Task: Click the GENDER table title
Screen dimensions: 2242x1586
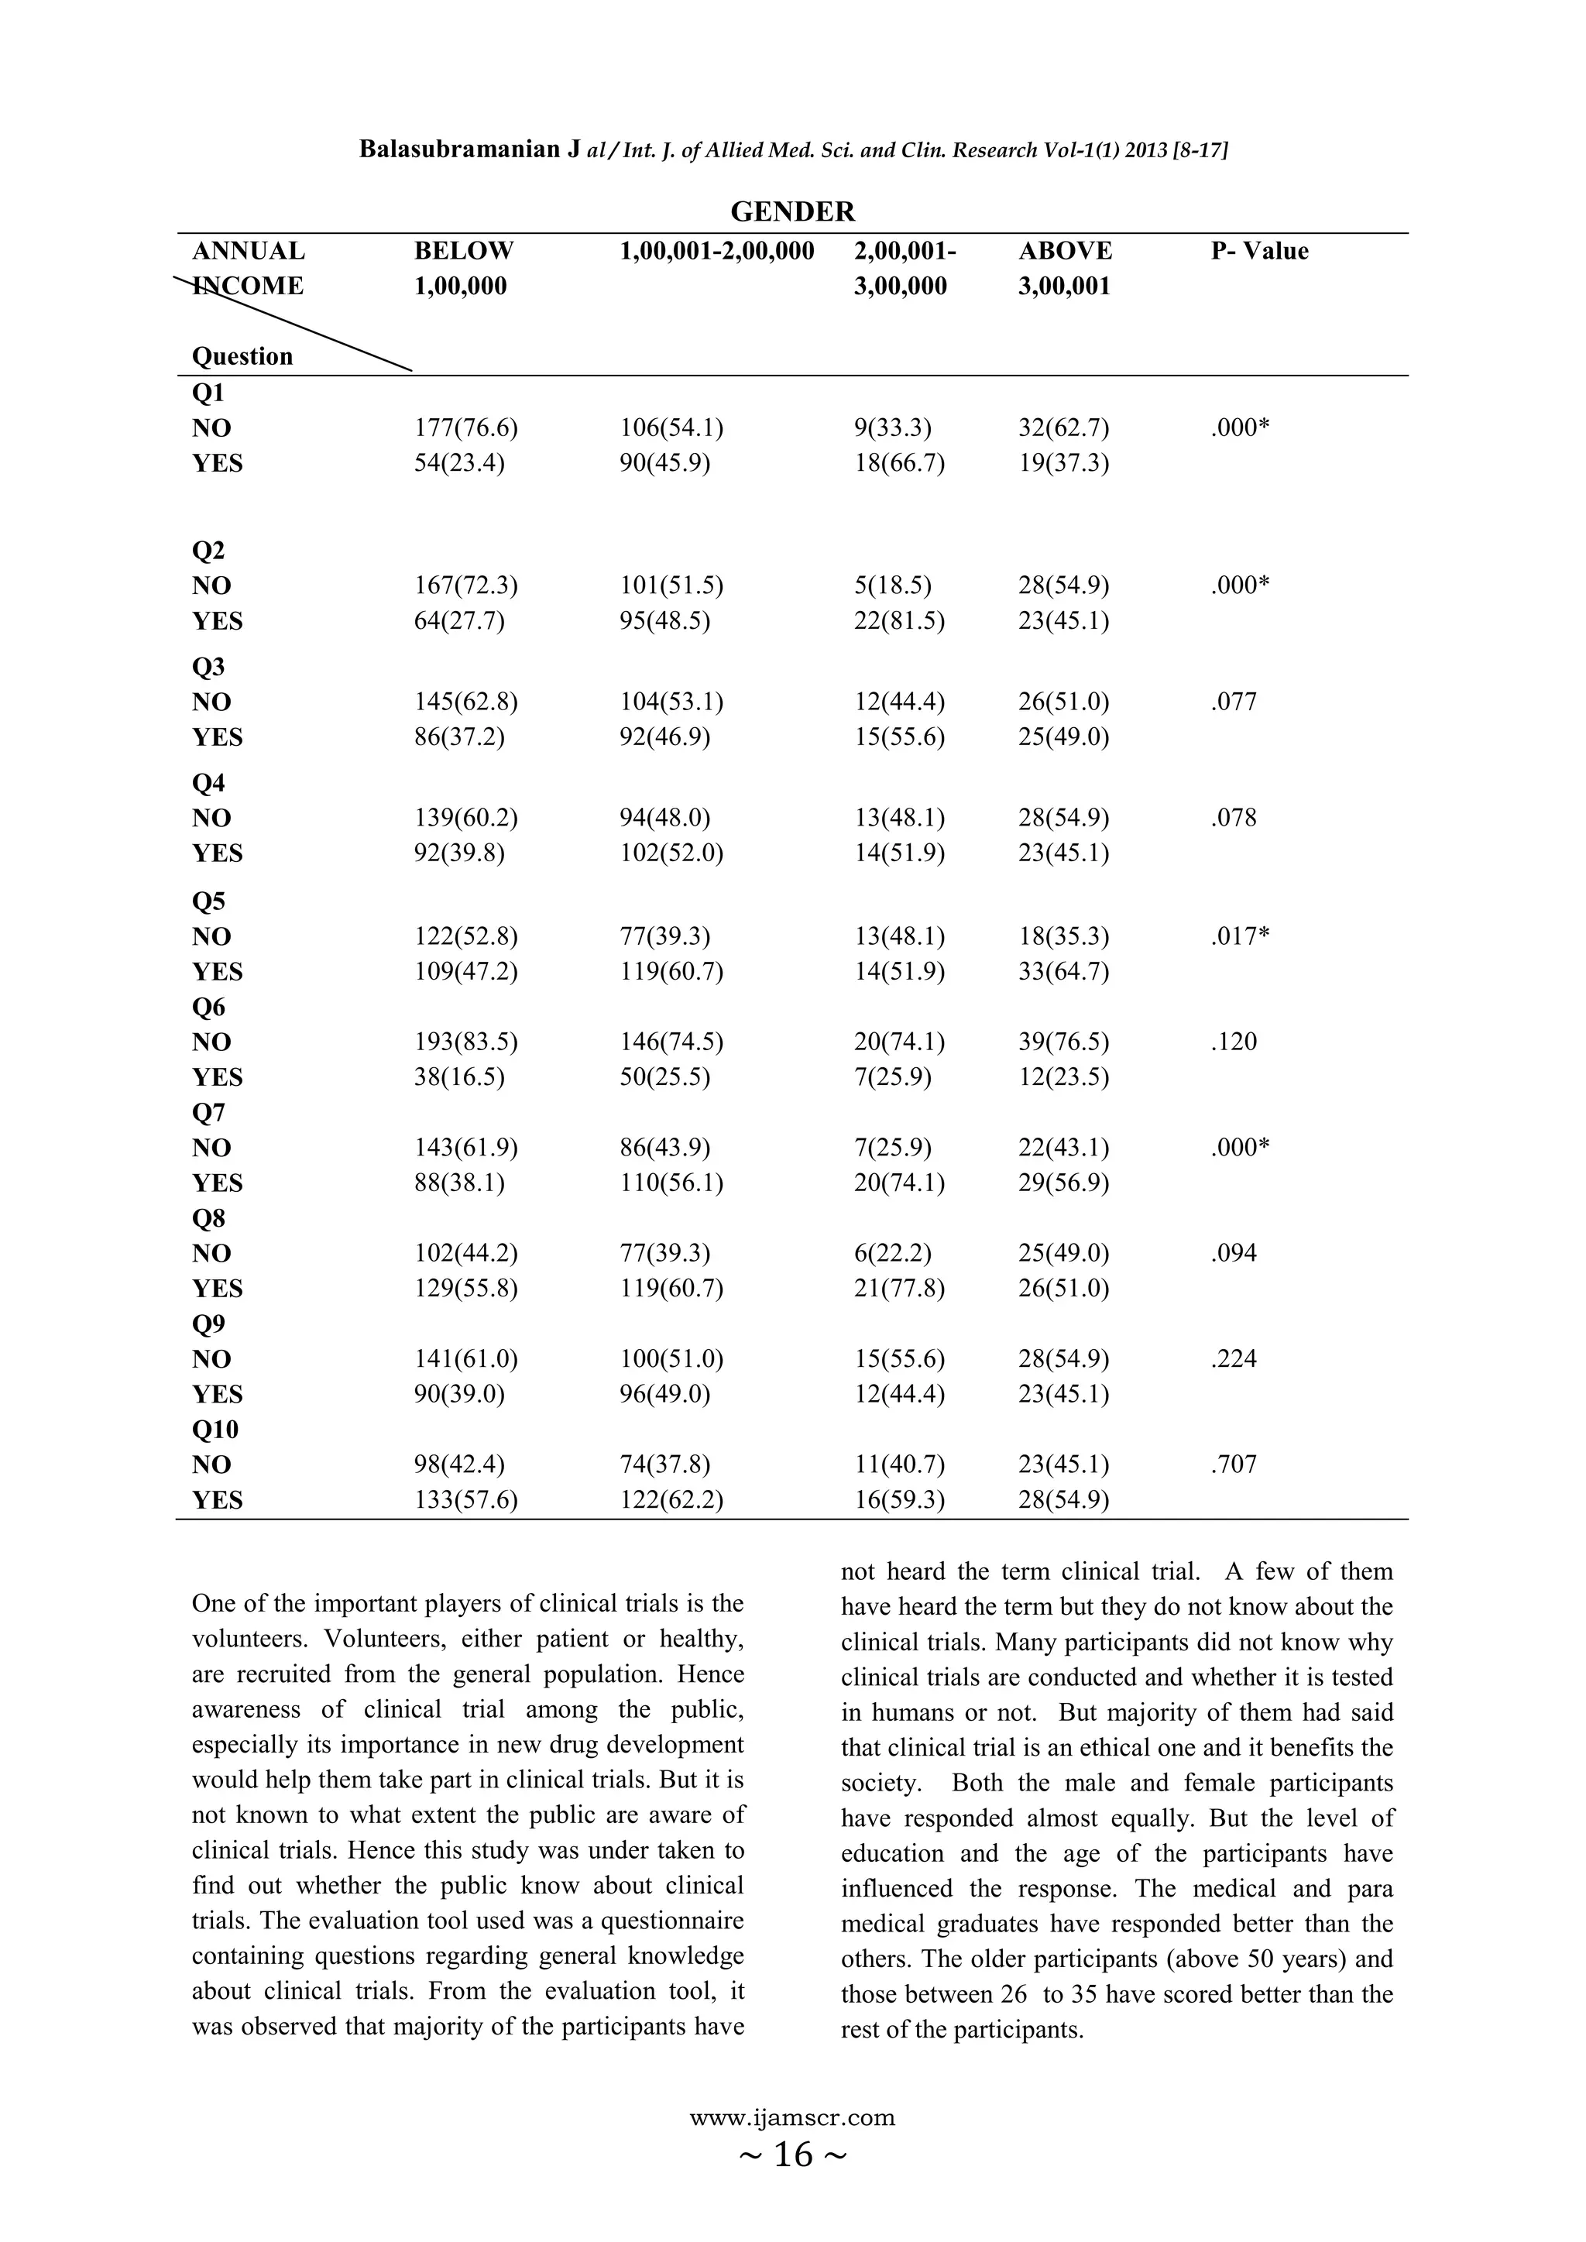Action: pyautogui.click(x=792, y=212)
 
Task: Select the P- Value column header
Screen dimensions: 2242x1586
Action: pyautogui.click(x=1259, y=251)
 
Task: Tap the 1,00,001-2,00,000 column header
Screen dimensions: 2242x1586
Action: pyautogui.click(x=717, y=251)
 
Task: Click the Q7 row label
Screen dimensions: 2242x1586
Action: pyautogui.click(x=208, y=1112)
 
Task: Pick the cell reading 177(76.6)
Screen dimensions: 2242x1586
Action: pyautogui.click(x=466, y=427)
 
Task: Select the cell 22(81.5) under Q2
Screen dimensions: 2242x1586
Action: pyautogui.click(x=898, y=621)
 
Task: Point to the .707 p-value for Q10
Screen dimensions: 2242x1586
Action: pyautogui.click(x=1234, y=1464)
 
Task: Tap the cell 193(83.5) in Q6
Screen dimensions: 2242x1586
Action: pyautogui.click(x=466, y=1042)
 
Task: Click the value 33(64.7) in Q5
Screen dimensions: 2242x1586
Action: pyautogui.click(x=1063, y=972)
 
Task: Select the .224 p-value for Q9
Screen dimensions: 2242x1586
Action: pyautogui.click(x=1234, y=1359)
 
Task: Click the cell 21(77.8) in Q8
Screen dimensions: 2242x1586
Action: pyautogui.click(x=898, y=1289)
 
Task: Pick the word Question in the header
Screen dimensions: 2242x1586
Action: pyautogui.click(x=242, y=356)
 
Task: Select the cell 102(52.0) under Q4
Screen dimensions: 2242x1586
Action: pyautogui.click(x=671, y=853)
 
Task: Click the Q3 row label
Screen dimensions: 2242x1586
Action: pyautogui.click(x=208, y=667)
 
